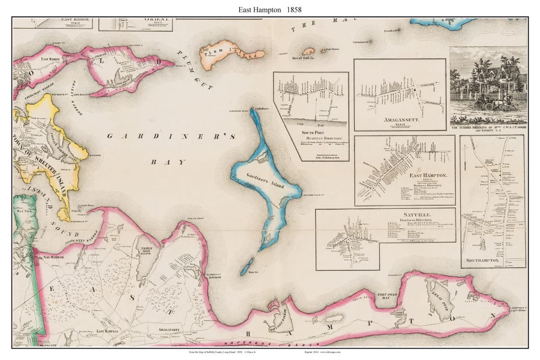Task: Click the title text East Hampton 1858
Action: [270, 9]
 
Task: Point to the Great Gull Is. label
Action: [304, 58]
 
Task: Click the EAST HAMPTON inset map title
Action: [426, 175]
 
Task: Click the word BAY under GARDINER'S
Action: [168, 162]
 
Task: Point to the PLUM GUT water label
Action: [195, 71]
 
